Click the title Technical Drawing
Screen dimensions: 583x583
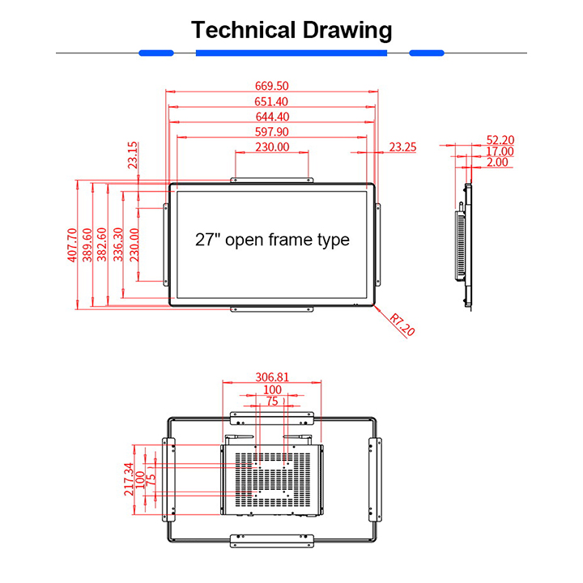(x=291, y=31)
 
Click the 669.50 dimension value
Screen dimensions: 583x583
(x=272, y=86)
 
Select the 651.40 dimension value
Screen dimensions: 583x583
(x=272, y=101)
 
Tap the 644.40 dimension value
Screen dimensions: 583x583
(x=272, y=117)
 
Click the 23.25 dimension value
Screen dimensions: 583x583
(x=402, y=147)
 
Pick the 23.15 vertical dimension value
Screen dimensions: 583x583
(x=133, y=155)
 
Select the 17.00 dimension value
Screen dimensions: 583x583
(x=500, y=151)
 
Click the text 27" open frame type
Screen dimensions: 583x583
(x=272, y=240)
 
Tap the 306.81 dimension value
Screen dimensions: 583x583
(x=272, y=377)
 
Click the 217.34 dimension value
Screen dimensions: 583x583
(x=128, y=479)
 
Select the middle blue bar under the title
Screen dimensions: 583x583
(x=291, y=53)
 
